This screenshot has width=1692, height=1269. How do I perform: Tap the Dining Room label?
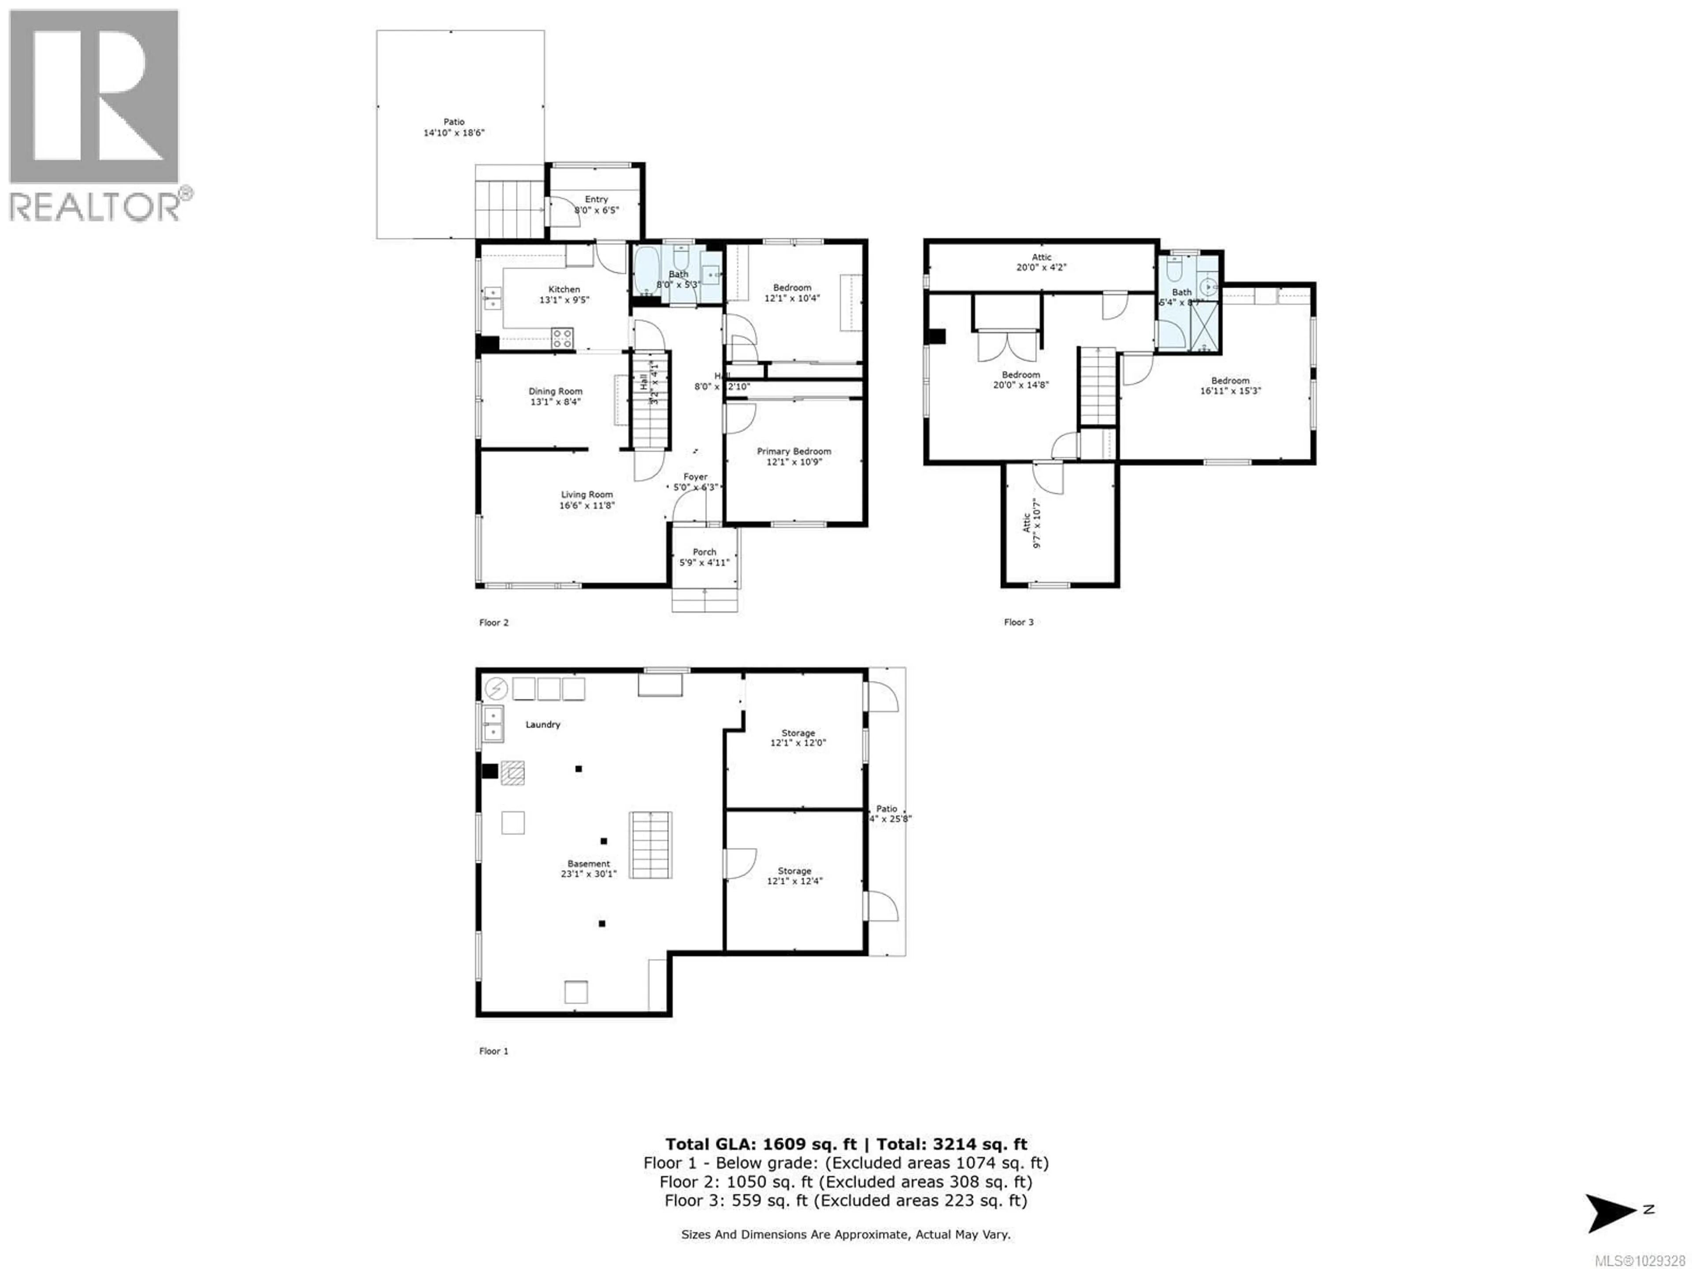555,391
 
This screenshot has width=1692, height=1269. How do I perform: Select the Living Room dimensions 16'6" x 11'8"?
587,505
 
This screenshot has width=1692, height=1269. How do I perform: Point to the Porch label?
705,552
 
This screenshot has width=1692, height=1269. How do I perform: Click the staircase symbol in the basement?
650,845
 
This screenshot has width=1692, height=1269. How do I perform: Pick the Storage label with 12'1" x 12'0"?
798,733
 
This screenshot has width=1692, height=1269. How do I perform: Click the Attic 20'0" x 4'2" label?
1041,257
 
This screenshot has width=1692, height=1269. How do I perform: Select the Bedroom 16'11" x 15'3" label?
1230,380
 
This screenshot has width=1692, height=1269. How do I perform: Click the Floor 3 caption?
1018,622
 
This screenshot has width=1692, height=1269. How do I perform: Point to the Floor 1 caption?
493,1051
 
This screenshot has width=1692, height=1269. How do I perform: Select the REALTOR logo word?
93,207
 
